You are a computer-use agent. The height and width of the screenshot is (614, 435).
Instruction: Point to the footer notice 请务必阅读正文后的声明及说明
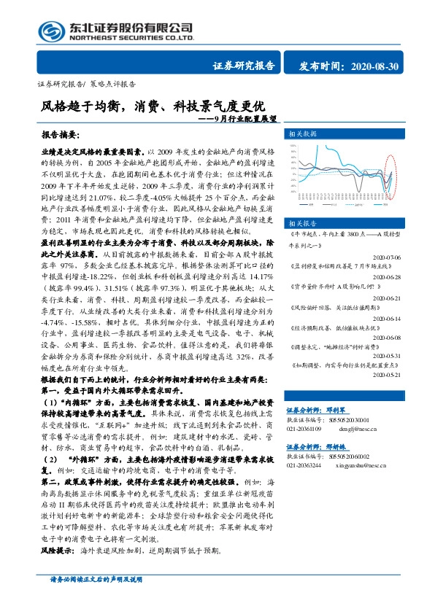pyautogui.click(x=95, y=599)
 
